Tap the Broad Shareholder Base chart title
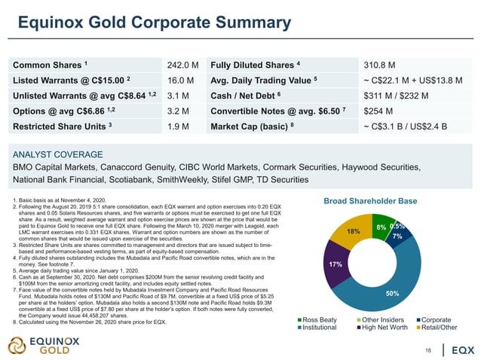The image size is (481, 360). tap(369, 201)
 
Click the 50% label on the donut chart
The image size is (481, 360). tap(392, 294)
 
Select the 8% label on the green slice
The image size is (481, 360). tap(381, 227)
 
